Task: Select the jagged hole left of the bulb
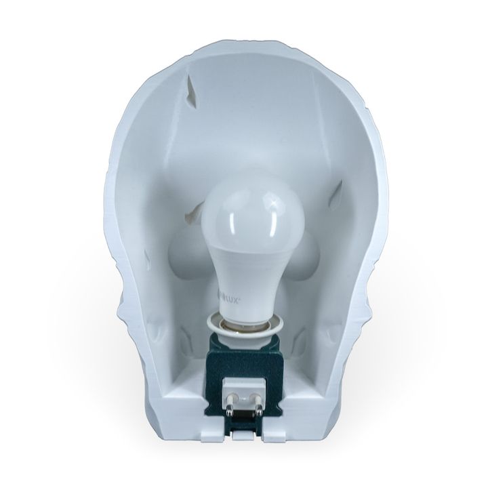point(190,216)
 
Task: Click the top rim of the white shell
point(245,42)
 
